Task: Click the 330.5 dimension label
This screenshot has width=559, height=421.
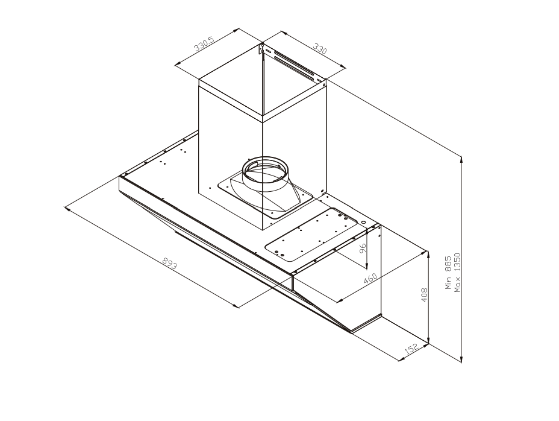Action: coord(204,44)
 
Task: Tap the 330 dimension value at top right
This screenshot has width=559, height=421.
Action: coord(320,48)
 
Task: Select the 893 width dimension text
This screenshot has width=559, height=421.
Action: coord(170,264)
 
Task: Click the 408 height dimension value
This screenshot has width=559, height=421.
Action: coord(424,295)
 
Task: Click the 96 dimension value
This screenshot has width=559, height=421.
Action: coord(363,248)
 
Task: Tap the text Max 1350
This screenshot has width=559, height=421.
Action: coord(457,273)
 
